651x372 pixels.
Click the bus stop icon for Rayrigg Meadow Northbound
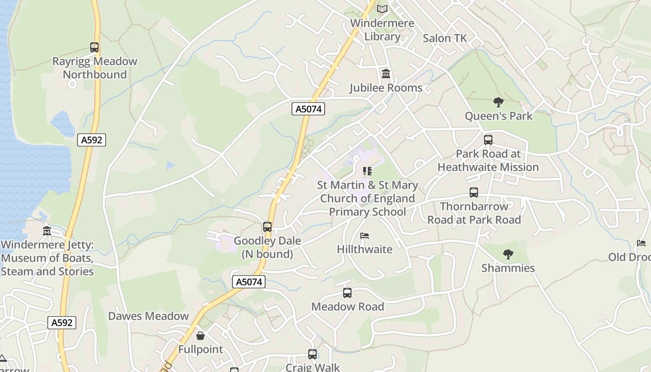94,47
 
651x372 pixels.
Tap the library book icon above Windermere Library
382,9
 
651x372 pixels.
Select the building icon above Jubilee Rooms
386,74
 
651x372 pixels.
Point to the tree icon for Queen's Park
498,102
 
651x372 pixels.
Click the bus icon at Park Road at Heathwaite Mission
488,140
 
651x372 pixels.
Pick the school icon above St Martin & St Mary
367,171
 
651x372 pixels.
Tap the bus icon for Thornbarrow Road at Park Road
474,193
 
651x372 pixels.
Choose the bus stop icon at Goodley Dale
267,227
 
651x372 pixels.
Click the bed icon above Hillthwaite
365,236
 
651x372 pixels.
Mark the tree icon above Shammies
508,254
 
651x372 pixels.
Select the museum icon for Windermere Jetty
47,231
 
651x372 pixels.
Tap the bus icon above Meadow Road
347,293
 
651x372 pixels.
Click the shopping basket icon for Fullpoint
200,336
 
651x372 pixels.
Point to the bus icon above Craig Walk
312,354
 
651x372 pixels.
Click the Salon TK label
445,39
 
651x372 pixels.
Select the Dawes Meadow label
148,316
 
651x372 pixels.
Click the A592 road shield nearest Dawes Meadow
61,323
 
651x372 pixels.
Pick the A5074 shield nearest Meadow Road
249,282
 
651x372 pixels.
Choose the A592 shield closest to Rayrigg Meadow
92,139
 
